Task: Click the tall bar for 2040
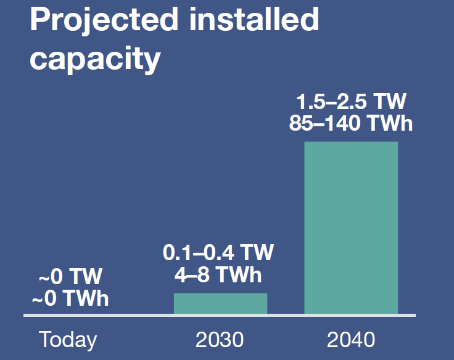[x=351, y=228]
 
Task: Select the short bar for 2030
[x=220, y=303]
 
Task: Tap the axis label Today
[x=68, y=339]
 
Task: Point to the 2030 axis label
[x=220, y=339]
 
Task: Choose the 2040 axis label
[x=350, y=339]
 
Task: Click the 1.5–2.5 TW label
[x=351, y=102]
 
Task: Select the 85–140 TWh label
[x=351, y=123]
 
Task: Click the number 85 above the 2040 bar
[x=302, y=123]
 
